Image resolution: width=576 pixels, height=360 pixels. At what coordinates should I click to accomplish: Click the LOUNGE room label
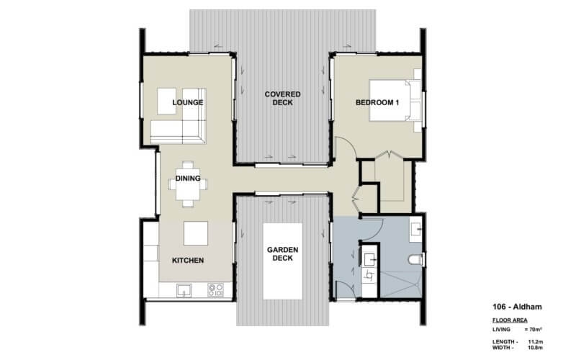click(x=188, y=103)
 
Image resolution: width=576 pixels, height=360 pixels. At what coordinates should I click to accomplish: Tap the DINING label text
click(x=188, y=178)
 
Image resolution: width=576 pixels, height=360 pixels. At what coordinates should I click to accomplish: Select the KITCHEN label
click(x=187, y=260)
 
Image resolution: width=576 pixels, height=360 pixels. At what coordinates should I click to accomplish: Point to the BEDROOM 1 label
click(x=377, y=103)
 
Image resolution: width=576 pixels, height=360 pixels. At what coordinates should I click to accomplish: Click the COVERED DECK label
click(x=282, y=98)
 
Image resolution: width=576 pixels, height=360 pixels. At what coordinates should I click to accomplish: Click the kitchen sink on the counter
click(x=184, y=290)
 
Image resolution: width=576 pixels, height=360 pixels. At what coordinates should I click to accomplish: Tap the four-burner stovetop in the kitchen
click(x=215, y=290)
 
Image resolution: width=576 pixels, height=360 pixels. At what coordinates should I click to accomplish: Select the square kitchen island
click(x=195, y=234)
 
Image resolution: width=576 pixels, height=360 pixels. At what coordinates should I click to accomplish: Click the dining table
click(x=189, y=183)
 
